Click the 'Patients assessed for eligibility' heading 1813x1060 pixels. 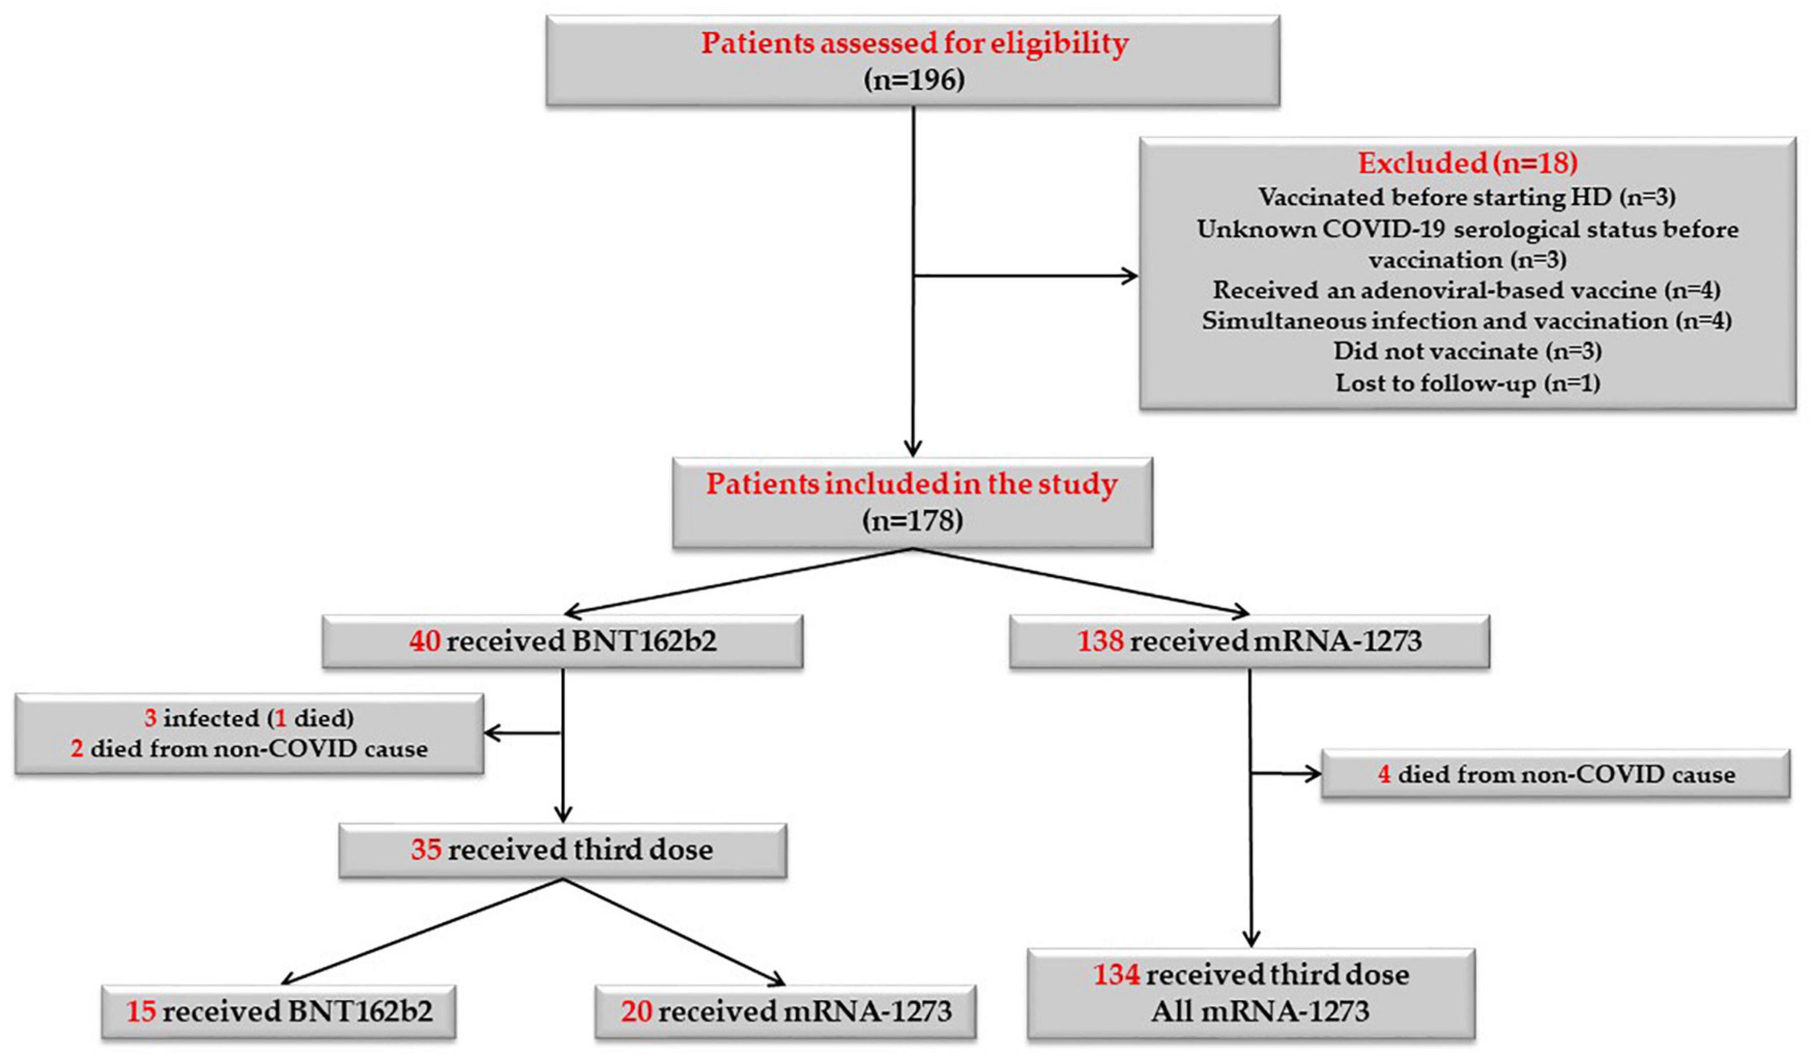tap(914, 43)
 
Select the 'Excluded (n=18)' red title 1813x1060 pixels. tap(1468, 163)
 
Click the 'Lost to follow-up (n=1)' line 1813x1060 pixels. tap(1468, 383)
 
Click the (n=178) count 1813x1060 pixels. tap(912, 520)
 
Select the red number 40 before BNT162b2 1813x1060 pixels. tap(424, 640)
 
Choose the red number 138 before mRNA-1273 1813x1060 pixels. tap(1100, 640)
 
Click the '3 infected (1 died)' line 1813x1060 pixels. tap(250, 718)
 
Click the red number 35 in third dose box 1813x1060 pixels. tap(426, 849)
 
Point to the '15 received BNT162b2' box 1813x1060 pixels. tap(279, 1012)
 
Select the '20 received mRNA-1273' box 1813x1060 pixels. tap(786, 1012)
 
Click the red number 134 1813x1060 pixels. tap(1117, 974)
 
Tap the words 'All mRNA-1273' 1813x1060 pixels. tap(1260, 1011)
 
